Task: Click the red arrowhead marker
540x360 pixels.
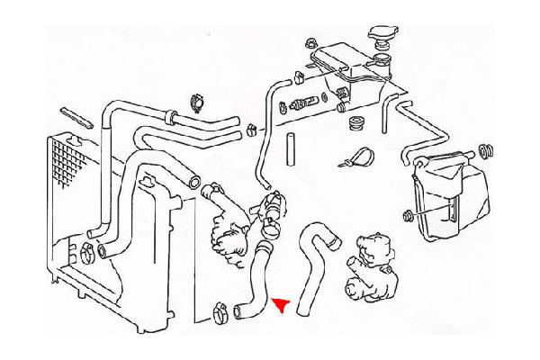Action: point(282,305)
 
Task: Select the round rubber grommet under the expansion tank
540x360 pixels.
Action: point(355,121)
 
